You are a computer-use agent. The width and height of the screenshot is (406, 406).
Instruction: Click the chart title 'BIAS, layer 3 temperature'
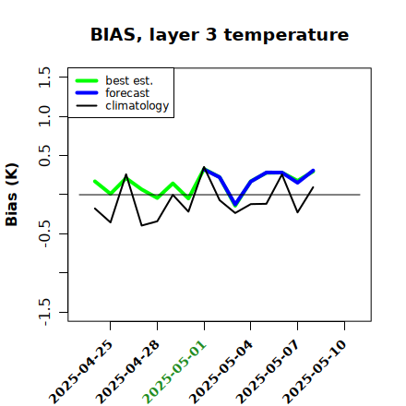(x=220, y=34)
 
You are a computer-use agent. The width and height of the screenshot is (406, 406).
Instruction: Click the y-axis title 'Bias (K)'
(x=12, y=195)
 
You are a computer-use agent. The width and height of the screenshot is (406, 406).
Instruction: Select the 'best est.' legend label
(x=129, y=80)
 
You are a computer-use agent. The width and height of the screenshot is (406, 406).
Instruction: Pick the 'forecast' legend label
(x=127, y=93)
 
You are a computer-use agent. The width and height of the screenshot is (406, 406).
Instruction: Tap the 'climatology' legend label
(x=137, y=106)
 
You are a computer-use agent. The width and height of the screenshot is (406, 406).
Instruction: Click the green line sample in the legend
(x=87, y=80)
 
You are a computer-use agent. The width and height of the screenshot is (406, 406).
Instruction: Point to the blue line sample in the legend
(x=87, y=93)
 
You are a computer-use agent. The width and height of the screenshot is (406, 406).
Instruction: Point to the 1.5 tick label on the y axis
(x=44, y=77)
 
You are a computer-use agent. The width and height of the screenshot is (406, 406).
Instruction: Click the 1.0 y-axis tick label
(x=44, y=116)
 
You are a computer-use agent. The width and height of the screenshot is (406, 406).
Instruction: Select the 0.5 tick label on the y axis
(x=44, y=155)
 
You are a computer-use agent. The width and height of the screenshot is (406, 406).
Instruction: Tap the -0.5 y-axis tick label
(x=44, y=233)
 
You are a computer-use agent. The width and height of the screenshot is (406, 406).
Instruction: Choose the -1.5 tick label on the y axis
(x=44, y=312)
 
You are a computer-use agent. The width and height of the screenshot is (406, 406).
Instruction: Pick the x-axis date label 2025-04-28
(x=128, y=372)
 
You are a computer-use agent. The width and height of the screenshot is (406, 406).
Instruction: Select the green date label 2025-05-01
(x=175, y=372)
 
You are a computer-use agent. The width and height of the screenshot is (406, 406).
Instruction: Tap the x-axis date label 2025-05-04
(x=222, y=372)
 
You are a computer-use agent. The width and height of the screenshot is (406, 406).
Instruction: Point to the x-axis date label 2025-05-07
(x=269, y=372)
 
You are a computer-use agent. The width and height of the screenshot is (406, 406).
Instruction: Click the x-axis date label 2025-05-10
(x=316, y=372)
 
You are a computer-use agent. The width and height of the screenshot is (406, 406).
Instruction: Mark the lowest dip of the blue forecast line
(x=235, y=204)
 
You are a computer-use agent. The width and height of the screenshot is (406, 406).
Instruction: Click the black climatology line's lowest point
(x=141, y=225)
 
